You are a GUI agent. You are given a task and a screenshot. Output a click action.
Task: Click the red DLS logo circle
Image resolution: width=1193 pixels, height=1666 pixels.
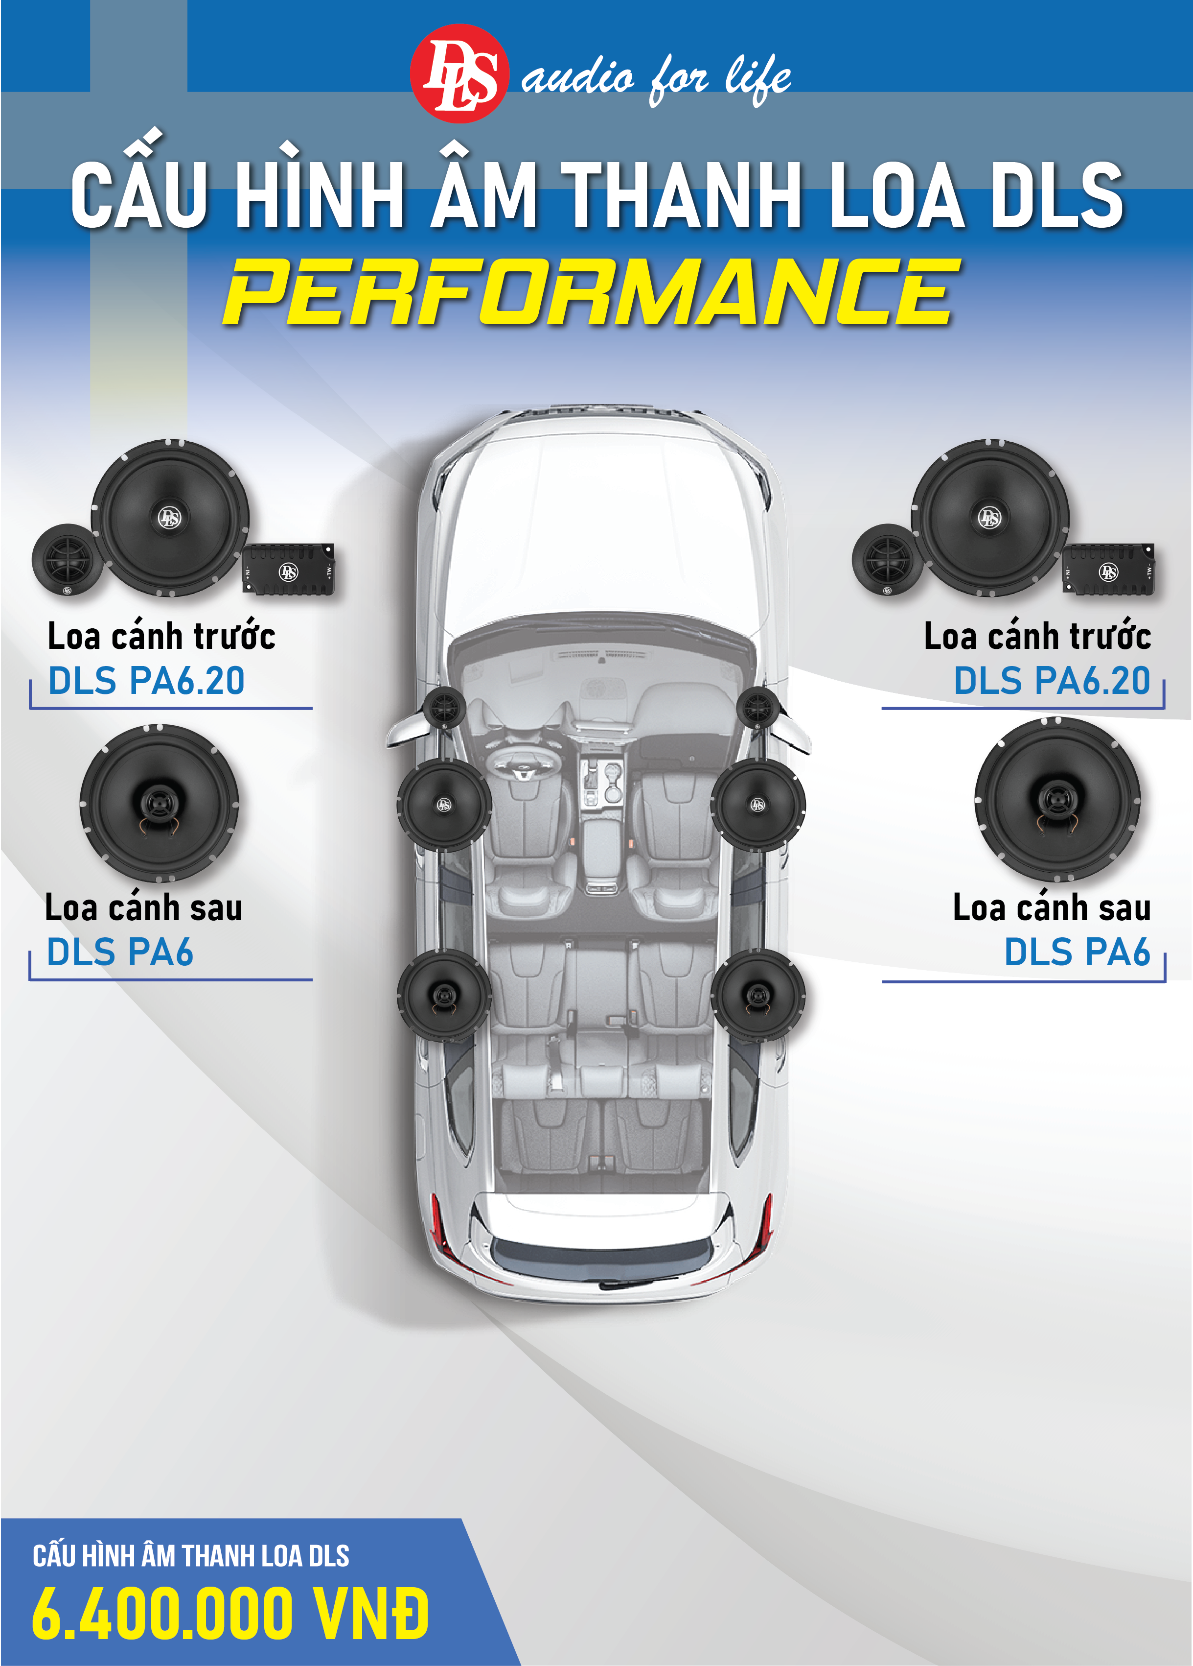point(458,73)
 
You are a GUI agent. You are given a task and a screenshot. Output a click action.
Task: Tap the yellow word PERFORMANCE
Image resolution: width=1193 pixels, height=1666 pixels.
point(592,292)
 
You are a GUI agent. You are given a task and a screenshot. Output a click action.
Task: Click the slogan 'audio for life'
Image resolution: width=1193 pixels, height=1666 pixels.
point(656,78)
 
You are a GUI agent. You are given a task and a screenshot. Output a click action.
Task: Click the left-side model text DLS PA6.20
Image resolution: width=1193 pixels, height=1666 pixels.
point(146,681)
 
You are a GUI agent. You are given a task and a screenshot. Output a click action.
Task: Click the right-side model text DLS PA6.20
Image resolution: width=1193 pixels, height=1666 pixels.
point(1051,681)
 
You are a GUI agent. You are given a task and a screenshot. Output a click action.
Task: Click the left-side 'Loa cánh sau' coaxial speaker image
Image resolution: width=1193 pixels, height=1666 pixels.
point(160,803)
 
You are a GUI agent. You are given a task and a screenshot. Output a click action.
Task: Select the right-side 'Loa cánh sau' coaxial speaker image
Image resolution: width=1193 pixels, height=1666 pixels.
point(1057,799)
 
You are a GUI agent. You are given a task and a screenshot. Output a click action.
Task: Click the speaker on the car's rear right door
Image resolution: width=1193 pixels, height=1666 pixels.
point(757,995)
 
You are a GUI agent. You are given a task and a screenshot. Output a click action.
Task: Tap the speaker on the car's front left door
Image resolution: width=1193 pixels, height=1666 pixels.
point(444,804)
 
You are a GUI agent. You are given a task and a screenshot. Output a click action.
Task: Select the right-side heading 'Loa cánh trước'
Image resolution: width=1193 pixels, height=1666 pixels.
point(1036,637)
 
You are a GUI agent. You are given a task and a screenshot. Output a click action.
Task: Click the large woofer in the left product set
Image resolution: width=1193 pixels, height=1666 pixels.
point(170,518)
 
